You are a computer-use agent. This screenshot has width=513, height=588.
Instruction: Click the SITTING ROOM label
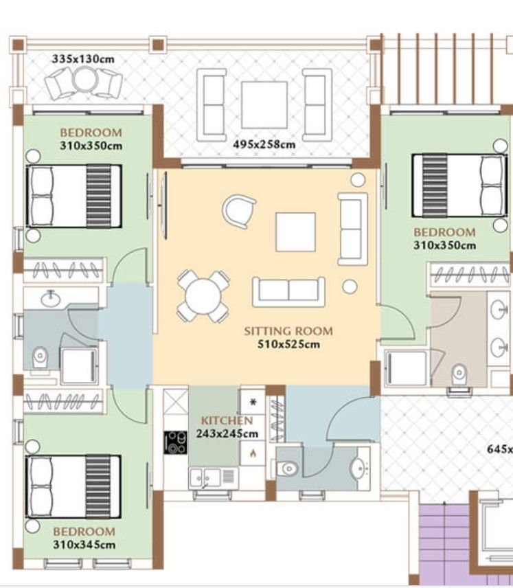[x=288, y=331]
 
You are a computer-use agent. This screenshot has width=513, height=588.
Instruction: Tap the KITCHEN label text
[x=227, y=420]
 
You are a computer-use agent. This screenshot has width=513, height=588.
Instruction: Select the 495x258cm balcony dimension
[x=264, y=145]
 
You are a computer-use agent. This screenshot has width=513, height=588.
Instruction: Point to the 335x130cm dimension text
[x=83, y=58]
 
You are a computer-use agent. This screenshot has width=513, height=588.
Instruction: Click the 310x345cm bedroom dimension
[x=84, y=545]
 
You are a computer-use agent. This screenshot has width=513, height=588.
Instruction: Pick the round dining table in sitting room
[x=203, y=296]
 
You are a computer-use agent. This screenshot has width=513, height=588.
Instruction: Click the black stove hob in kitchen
[x=175, y=441]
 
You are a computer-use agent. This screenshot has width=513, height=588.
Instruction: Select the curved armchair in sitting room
[x=239, y=210]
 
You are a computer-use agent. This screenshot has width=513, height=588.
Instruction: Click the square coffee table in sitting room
[x=295, y=232]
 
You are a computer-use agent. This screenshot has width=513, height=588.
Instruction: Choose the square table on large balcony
[x=264, y=104]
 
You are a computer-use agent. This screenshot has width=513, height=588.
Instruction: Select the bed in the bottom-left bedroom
[x=74, y=487]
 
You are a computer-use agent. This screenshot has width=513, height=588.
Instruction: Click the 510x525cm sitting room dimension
[x=288, y=344]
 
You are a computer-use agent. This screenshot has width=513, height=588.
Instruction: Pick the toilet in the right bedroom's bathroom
[x=459, y=375]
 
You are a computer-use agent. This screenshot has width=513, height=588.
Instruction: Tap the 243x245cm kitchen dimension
[x=227, y=433]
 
